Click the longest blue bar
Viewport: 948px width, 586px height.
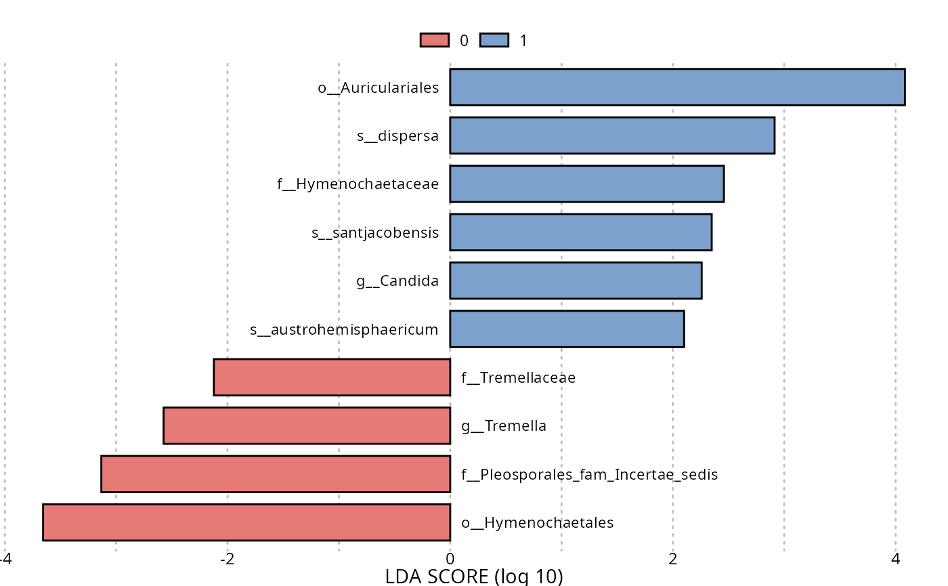(677, 87)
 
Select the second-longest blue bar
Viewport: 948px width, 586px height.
(612, 135)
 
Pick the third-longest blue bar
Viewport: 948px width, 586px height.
(587, 184)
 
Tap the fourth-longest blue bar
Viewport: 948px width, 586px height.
(581, 232)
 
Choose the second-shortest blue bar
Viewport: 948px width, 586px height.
(576, 280)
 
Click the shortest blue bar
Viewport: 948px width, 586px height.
(567, 329)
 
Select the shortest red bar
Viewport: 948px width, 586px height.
(332, 377)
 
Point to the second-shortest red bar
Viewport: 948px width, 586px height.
(307, 425)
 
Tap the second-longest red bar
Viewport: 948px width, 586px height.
(276, 474)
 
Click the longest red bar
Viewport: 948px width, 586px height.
(246, 522)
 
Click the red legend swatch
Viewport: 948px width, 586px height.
(434, 40)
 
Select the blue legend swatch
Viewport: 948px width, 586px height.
(494, 40)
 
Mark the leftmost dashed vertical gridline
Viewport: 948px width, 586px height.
(5, 305)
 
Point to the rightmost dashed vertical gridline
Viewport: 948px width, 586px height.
(895, 305)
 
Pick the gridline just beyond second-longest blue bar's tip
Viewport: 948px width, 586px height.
(784, 305)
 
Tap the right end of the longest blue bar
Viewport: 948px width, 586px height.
(903, 87)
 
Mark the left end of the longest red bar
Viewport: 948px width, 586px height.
(45, 522)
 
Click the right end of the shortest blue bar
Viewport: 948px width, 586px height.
(683, 329)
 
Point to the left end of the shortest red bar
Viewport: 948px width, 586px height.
(215, 377)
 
